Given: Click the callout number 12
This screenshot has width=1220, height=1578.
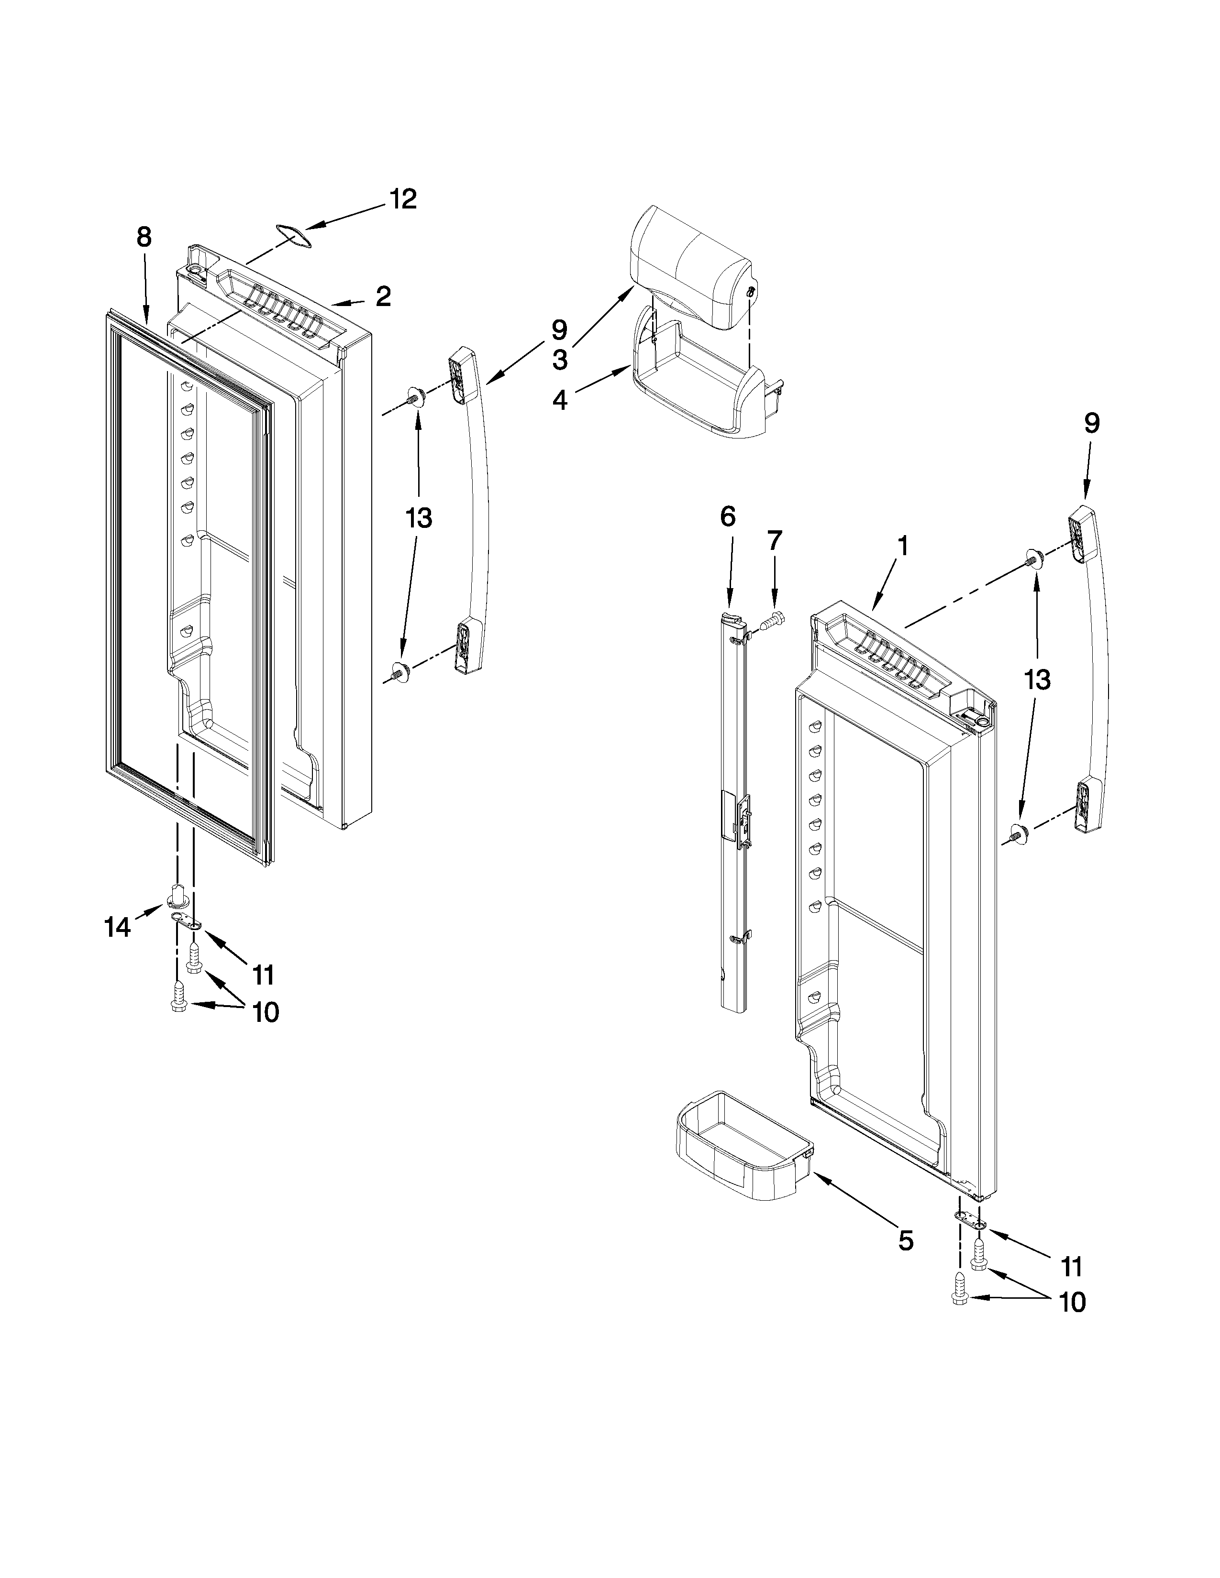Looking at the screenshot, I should [x=403, y=199].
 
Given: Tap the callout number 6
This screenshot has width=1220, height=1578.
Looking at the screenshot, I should [x=727, y=516].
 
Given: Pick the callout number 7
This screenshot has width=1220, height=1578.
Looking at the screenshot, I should [x=775, y=540].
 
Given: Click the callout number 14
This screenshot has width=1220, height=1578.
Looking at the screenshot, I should [x=117, y=926].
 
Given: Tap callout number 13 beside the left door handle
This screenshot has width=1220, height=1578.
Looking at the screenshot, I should [x=419, y=518].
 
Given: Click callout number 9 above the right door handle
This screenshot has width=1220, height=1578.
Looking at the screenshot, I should [x=1091, y=423].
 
